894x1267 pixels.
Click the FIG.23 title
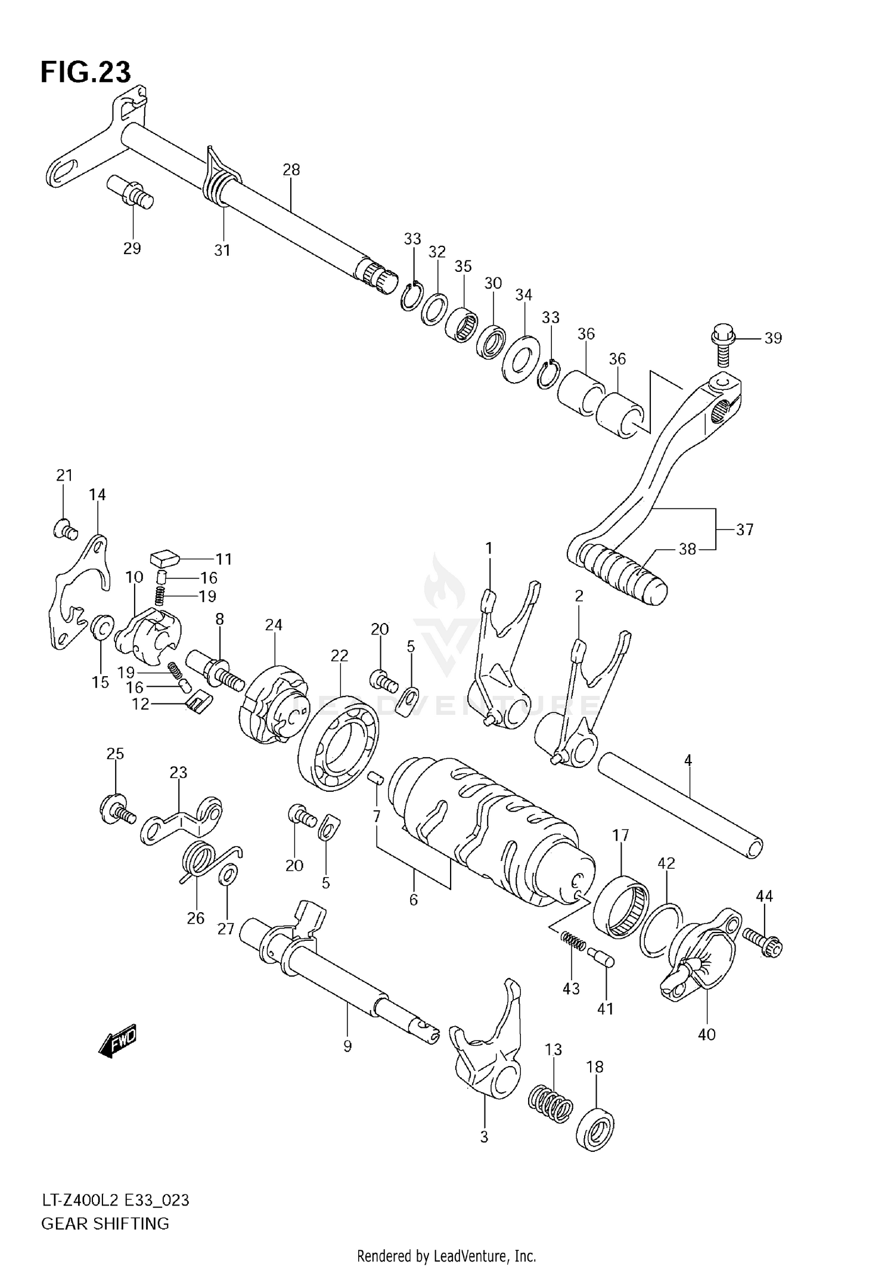point(85,72)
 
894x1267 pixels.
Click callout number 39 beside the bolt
point(772,338)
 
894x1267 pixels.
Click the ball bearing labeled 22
point(339,743)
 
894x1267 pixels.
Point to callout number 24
point(274,625)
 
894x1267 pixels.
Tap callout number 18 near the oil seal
point(595,1067)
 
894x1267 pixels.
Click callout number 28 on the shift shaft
point(291,170)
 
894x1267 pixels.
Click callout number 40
point(706,1034)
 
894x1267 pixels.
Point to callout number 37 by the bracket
point(744,529)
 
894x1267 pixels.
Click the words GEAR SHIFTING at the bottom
point(105,1223)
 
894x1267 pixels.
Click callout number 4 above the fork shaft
point(688,760)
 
